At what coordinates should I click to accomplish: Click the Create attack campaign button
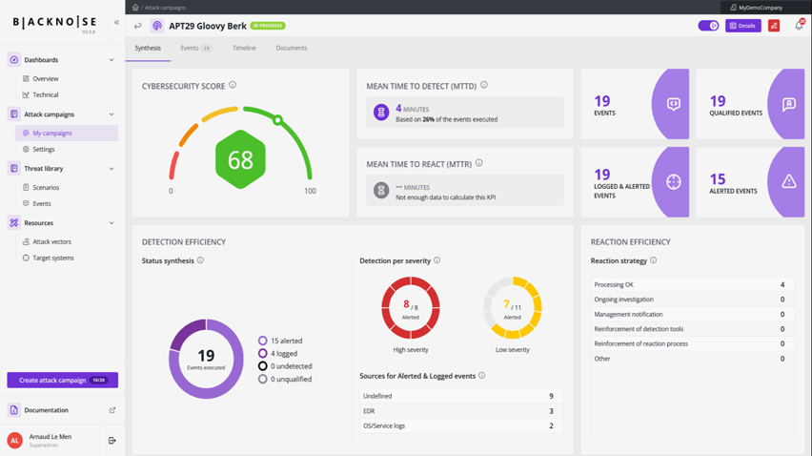(62, 380)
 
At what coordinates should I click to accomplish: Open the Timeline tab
(244, 48)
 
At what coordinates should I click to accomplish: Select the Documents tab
(291, 48)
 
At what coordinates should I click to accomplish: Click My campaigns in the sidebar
(52, 134)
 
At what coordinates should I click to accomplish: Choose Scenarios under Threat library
(46, 188)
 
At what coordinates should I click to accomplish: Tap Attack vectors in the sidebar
(51, 242)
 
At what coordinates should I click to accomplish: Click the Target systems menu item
(52, 258)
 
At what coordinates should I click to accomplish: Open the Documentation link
(46, 410)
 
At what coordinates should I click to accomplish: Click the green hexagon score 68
(240, 159)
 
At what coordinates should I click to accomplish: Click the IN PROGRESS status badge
(268, 26)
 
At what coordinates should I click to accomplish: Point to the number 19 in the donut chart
(206, 356)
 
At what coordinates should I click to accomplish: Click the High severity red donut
(411, 308)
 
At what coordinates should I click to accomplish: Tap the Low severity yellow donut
(513, 308)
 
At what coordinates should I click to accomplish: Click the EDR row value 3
(551, 411)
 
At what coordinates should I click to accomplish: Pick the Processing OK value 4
(782, 284)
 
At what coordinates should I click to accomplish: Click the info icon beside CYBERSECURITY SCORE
(233, 86)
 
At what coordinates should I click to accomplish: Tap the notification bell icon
(799, 26)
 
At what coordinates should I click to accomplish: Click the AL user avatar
(14, 440)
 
